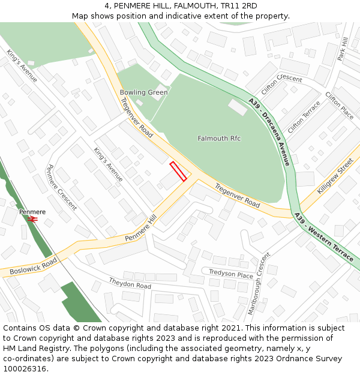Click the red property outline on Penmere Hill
click(x=178, y=171)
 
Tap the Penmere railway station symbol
click(x=32, y=220)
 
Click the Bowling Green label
click(x=143, y=92)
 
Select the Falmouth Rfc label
click(x=219, y=139)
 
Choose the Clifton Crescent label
click(x=281, y=87)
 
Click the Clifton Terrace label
click(x=304, y=117)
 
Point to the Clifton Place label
click(x=339, y=105)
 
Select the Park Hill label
click(x=343, y=47)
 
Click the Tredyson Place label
click(x=231, y=274)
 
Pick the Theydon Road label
click(x=130, y=283)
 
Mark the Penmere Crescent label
click(x=62, y=187)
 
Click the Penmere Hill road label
click(x=140, y=229)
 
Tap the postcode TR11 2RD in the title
click(x=240, y=6)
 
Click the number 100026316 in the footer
click(x=25, y=368)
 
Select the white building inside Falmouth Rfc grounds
click(x=238, y=107)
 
